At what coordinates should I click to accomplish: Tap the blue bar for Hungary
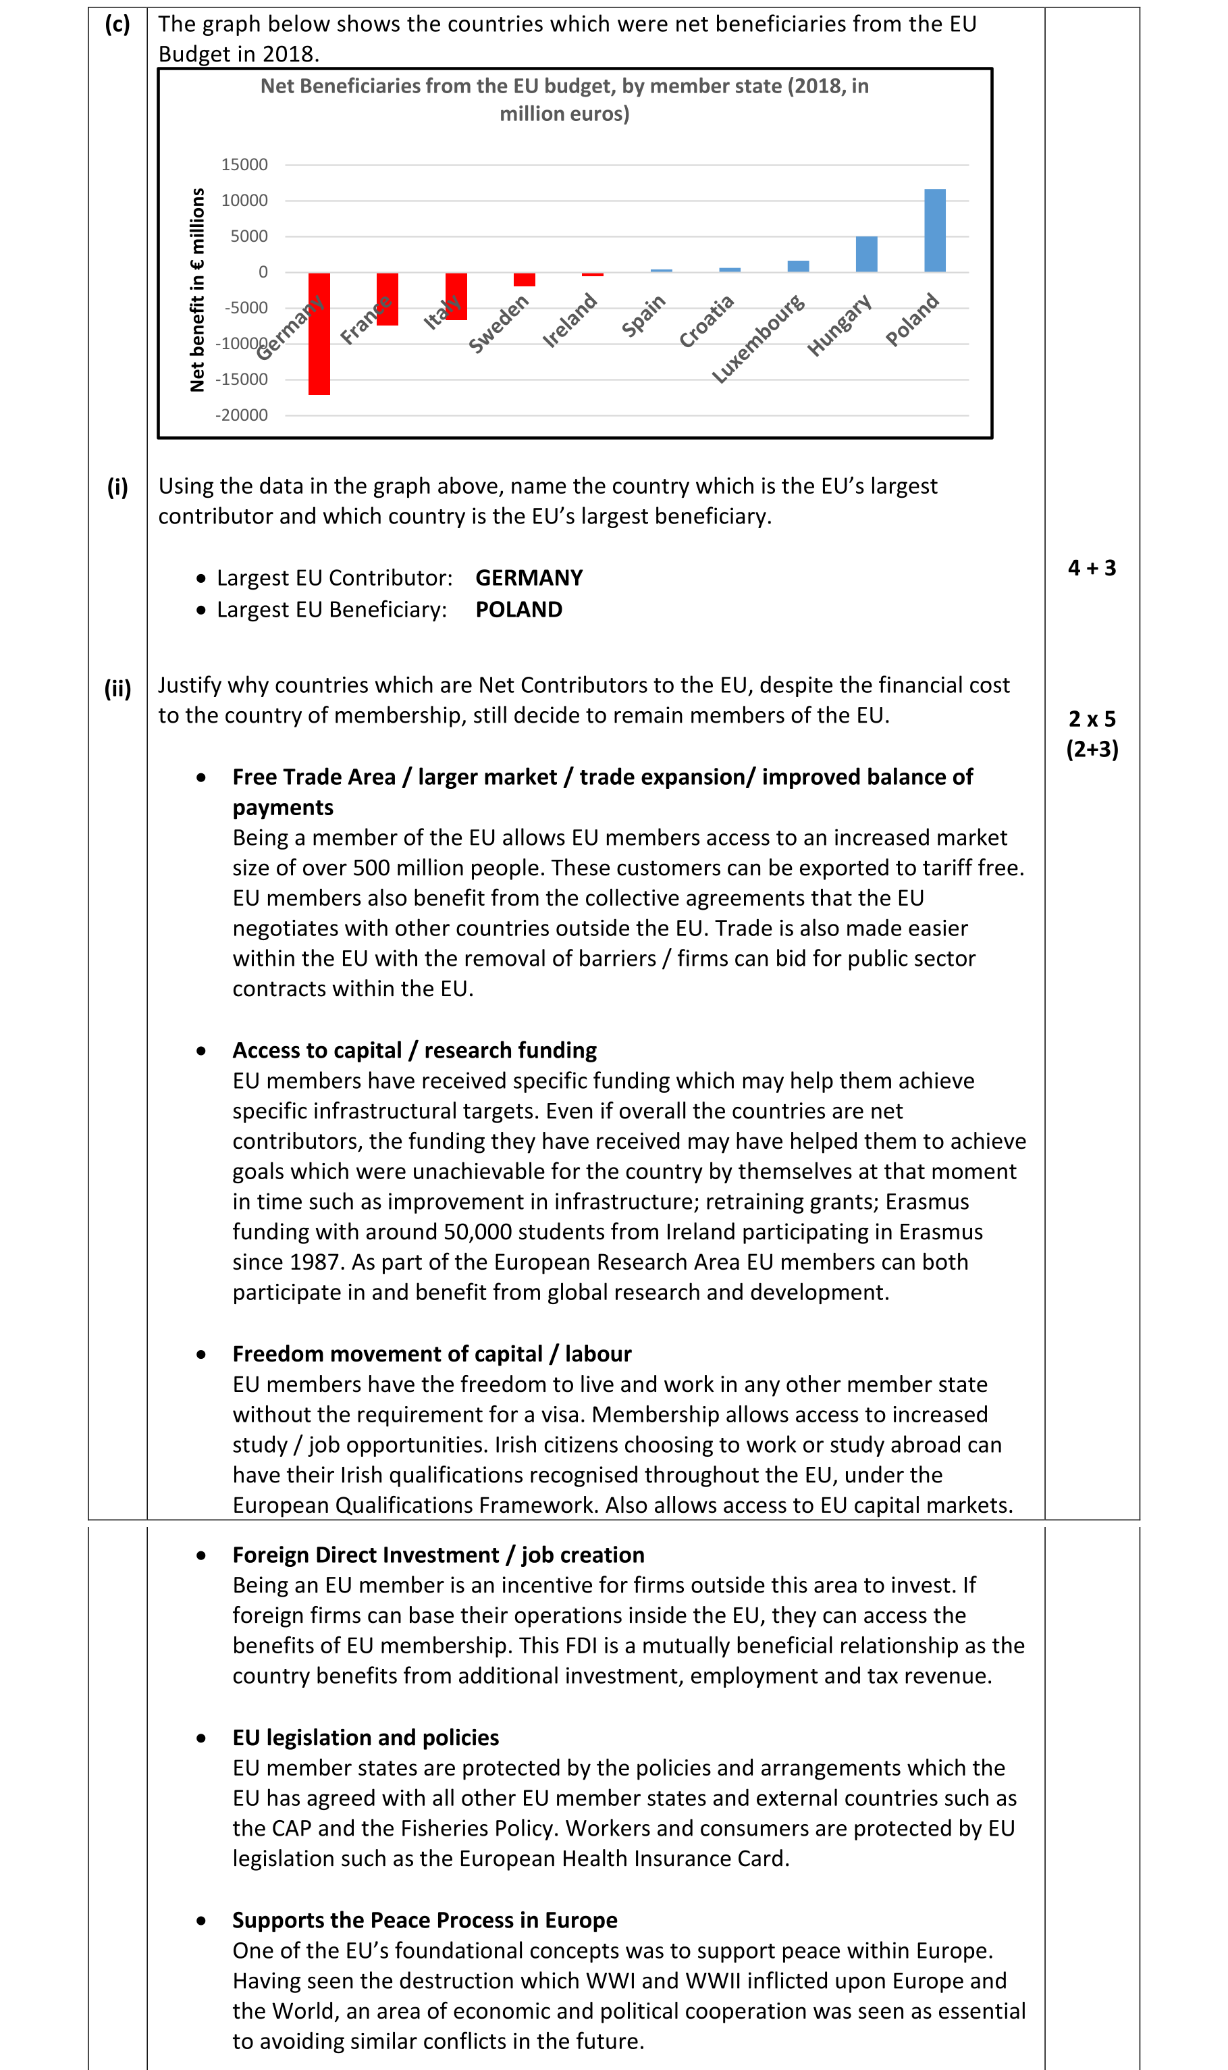click(x=865, y=254)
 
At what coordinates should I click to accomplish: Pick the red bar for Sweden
click(x=524, y=280)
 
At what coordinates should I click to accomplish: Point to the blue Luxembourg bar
click(x=798, y=267)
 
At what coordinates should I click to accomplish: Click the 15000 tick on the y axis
click(x=244, y=165)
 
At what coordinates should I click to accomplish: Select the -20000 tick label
click(x=242, y=415)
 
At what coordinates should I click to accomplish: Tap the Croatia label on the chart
click(x=706, y=322)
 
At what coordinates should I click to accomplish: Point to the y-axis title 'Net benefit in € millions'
click(x=197, y=290)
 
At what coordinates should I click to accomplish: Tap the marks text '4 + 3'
click(x=1092, y=568)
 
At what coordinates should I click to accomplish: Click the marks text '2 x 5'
click(x=1092, y=719)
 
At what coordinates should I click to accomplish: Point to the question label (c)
click(x=117, y=24)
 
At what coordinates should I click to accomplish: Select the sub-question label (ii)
click(x=117, y=689)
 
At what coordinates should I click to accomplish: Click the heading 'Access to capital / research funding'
click(x=414, y=1050)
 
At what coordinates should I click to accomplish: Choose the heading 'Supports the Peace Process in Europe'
click(x=425, y=1920)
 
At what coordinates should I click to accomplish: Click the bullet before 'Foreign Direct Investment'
click(x=201, y=1555)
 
